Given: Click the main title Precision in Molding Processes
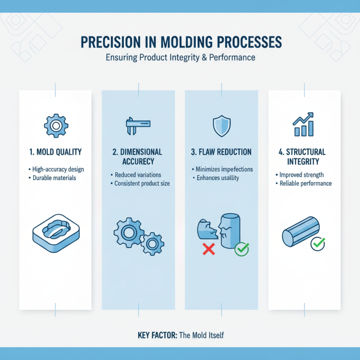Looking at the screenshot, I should click(x=180, y=42).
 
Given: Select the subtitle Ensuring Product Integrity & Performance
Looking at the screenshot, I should click(x=180, y=58).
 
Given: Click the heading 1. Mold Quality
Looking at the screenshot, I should click(x=56, y=152).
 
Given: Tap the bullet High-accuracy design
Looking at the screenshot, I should click(x=58, y=169).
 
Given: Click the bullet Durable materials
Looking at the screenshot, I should click(x=55, y=178).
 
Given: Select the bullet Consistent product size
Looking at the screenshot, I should click(x=140, y=184).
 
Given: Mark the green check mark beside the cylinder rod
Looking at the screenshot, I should click(x=318, y=243).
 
